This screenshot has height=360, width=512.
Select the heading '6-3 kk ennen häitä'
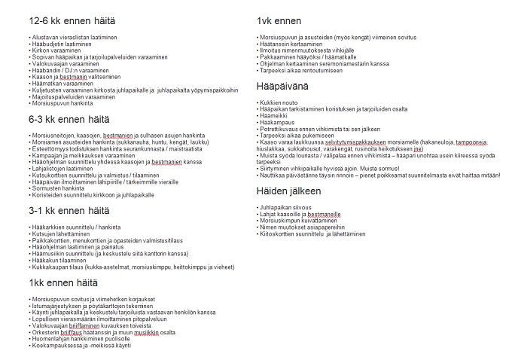[x=69, y=119]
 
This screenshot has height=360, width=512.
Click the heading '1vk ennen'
[x=279, y=21]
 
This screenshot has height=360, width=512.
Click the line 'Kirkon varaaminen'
[x=54, y=50]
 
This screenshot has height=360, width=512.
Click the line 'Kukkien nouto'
[x=279, y=102]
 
